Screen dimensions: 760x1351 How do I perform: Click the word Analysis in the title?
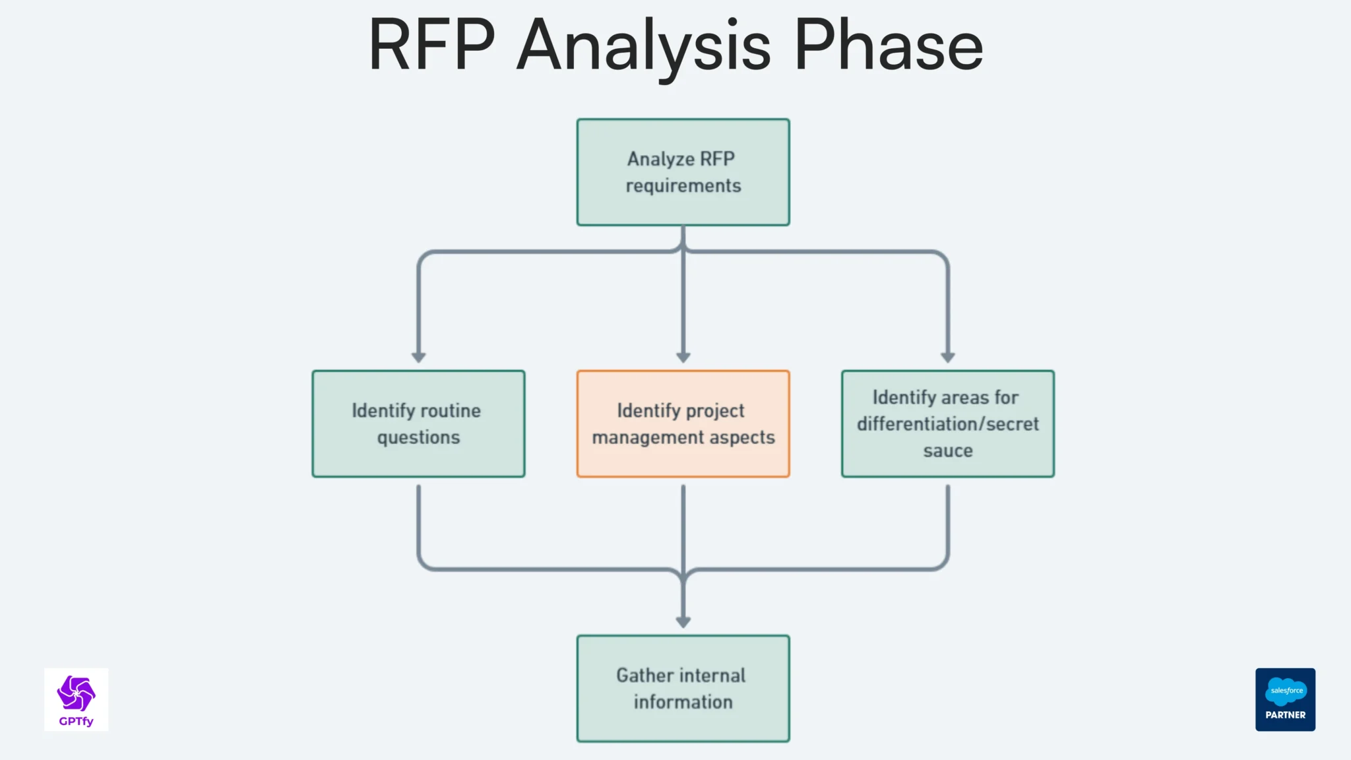click(643, 46)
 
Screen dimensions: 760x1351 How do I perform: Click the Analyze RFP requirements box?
click(683, 172)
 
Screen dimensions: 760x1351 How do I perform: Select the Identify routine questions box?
click(418, 424)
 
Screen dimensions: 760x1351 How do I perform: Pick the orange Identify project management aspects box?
click(683, 424)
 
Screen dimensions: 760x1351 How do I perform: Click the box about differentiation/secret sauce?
click(947, 424)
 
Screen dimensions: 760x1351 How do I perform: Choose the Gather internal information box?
click(683, 688)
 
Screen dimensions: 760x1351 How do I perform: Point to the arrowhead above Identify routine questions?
click(418, 357)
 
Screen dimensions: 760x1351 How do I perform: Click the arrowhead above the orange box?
click(683, 357)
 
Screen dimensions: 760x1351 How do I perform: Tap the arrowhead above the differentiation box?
click(947, 357)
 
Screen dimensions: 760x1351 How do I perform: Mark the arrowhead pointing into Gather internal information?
click(683, 621)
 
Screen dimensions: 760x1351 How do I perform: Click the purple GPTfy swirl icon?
click(76, 693)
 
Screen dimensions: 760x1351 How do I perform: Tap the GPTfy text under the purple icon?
click(76, 721)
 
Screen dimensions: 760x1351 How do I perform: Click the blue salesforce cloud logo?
click(1286, 691)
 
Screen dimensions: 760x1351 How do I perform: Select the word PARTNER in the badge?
click(1285, 715)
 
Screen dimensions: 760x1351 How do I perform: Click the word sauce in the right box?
click(947, 451)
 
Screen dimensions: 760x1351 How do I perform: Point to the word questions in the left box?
click(418, 437)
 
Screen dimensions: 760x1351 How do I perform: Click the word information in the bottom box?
click(683, 702)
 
